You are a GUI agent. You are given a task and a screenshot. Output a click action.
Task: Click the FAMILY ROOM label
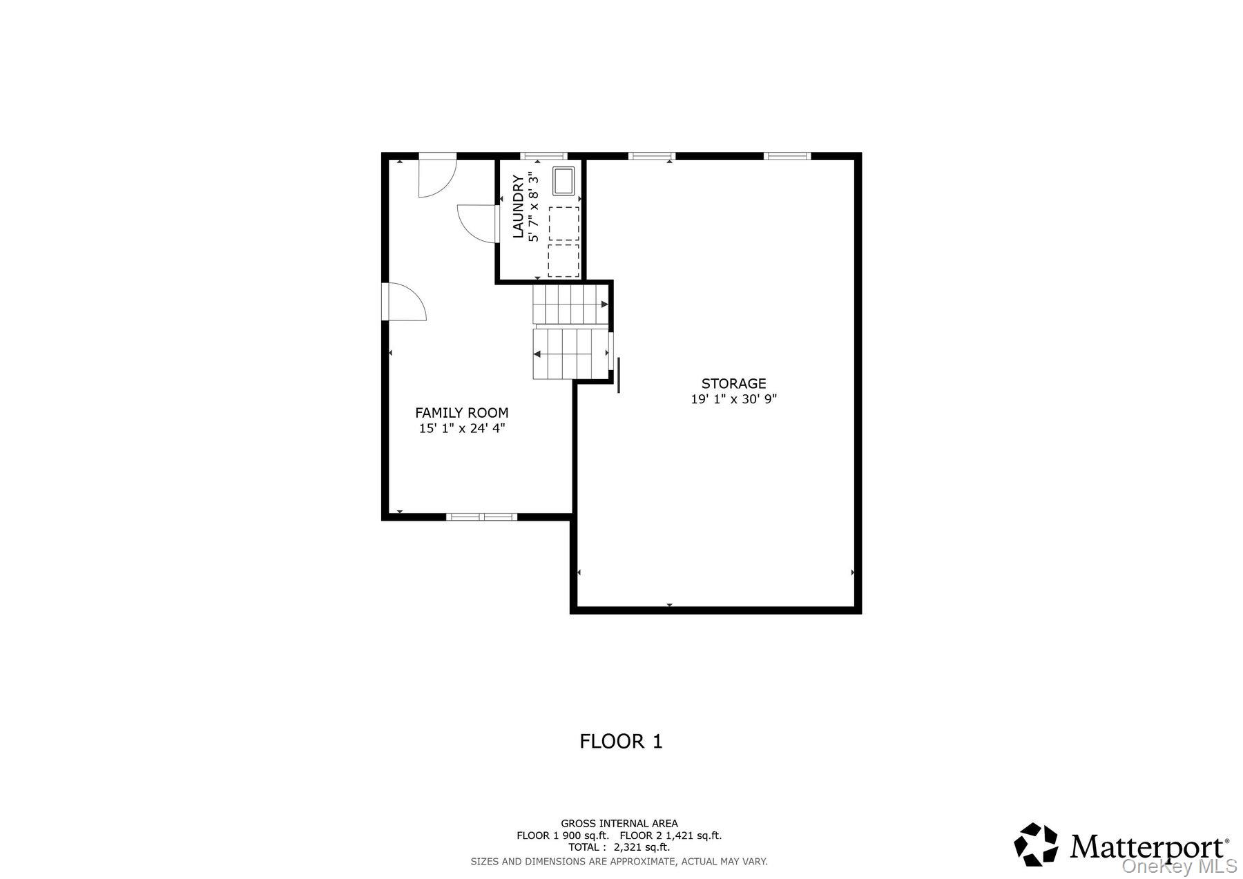point(461,413)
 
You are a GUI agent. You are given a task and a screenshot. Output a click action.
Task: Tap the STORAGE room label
point(733,384)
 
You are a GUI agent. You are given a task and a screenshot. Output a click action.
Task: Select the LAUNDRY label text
point(518,206)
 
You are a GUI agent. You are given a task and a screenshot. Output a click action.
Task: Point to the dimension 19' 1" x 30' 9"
point(733,399)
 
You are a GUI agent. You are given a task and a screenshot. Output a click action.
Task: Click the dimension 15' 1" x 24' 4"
point(461,428)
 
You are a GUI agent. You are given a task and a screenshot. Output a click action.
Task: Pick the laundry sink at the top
point(563,181)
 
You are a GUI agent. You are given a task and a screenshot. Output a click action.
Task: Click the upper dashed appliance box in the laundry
point(563,222)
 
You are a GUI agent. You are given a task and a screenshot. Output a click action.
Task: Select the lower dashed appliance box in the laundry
point(563,260)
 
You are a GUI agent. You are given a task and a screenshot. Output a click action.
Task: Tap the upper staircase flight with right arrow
point(568,305)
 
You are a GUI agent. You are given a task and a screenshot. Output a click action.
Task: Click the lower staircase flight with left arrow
point(568,354)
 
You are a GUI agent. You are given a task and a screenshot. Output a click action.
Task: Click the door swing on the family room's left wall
point(405,302)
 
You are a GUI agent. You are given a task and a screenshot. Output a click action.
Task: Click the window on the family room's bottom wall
point(481,516)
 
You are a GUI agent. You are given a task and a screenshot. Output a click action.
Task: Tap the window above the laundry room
point(543,156)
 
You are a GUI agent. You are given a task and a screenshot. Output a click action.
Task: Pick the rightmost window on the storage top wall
point(787,156)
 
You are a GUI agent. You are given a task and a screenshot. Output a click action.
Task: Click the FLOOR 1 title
point(621,742)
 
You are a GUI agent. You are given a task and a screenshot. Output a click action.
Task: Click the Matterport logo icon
point(1036,844)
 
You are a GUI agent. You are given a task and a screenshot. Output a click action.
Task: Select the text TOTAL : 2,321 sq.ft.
point(619,847)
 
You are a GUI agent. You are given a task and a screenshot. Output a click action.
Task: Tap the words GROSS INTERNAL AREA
point(619,823)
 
